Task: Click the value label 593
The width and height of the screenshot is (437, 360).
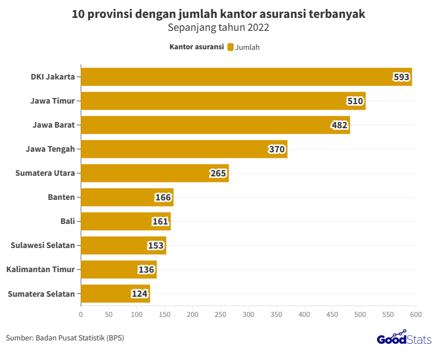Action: tap(401, 77)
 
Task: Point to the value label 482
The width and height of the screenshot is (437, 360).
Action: tap(340, 125)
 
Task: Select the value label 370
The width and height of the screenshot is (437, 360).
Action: tap(277, 149)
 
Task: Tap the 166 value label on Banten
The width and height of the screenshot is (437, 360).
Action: tap(163, 198)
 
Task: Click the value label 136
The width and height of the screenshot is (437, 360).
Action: tap(146, 270)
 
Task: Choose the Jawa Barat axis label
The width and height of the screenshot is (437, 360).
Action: tap(54, 125)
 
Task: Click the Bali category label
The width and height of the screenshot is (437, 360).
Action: tap(67, 221)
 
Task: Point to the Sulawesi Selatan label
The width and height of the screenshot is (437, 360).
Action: tap(43, 245)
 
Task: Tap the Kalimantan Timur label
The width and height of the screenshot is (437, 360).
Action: tap(40, 269)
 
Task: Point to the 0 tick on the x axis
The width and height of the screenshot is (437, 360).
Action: tap(81, 315)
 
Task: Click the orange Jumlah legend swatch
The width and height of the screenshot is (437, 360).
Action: tap(230, 47)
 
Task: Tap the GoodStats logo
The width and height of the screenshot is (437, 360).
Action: tap(403, 339)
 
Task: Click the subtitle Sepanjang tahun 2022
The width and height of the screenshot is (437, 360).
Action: tap(218, 27)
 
